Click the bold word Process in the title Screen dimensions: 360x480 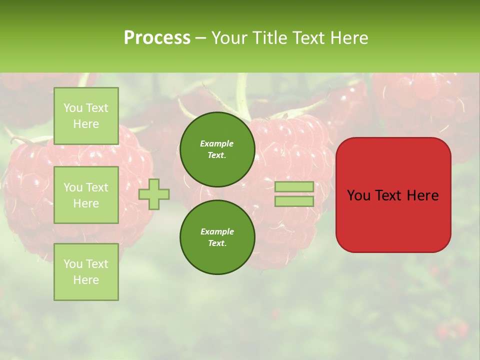[157, 38]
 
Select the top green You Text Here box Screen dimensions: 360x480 [86, 116]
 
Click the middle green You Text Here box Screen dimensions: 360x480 [86, 195]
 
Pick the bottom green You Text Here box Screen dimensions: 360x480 [86, 272]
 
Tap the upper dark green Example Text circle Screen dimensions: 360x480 [217, 149]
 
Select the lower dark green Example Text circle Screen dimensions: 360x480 [217, 237]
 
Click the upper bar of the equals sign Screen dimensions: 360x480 [294, 186]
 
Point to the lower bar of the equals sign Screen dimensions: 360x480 [294, 201]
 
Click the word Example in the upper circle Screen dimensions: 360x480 [217, 144]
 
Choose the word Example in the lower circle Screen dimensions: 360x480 [217, 232]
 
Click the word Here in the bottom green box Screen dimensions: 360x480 [86, 280]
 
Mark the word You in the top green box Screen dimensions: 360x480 [73, 108]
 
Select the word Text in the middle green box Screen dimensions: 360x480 [96, 187]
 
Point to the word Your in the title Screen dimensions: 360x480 [228, 38]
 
